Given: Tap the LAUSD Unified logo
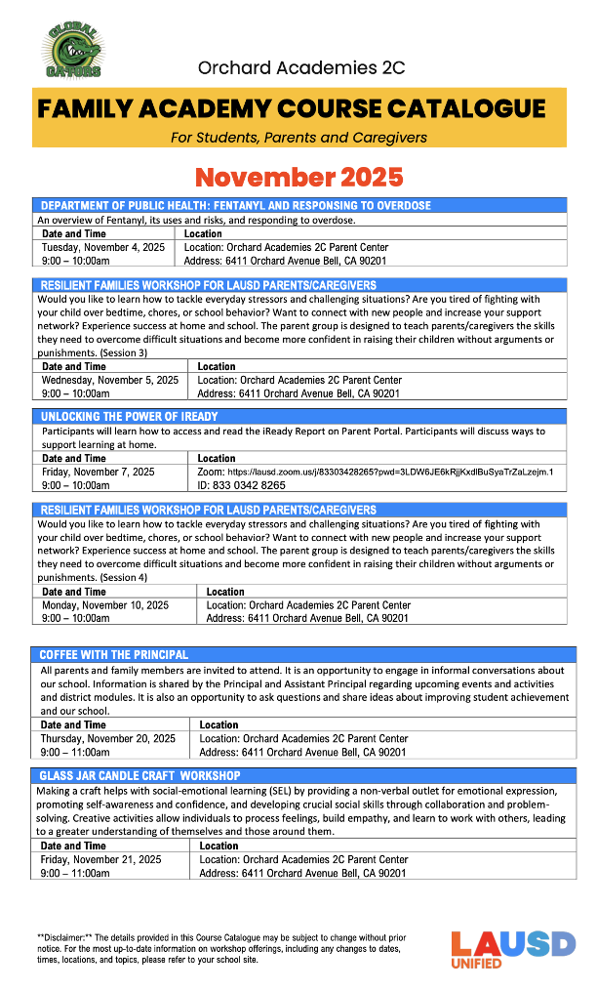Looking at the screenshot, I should point(512,949).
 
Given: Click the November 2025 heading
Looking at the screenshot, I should point(298,177).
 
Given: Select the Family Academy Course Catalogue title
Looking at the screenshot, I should point(292,108).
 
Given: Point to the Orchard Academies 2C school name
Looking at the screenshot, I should point(300,67).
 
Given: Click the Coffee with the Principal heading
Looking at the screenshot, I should point(114,654).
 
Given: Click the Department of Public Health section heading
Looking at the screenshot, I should point(234,206).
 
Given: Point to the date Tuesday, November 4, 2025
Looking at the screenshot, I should point(103,248).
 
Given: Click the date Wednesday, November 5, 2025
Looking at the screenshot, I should point(110,380).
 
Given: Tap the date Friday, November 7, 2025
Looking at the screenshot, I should point(99,472).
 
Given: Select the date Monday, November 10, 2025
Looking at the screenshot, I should point(105,605).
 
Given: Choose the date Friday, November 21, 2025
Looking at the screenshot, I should point(100,860).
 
